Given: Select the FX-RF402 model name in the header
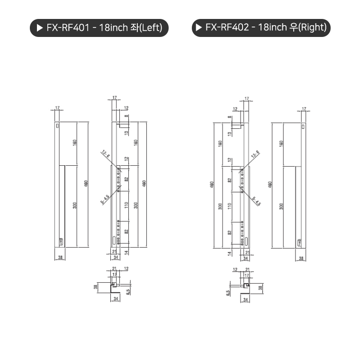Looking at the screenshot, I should pyautogui.click(x=227, y=27).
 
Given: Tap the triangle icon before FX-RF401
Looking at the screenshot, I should pyautogui.click(x=39, y=27).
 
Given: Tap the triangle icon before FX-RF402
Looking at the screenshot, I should pyautogui.click(x=198, y=27).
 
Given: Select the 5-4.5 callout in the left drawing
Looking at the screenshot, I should pyautogui.click(x=105, y=199).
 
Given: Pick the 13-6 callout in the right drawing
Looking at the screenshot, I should pyautogui.click(x=255, y=154).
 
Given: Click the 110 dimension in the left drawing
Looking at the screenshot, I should pyautogui.click(x=126, y=205).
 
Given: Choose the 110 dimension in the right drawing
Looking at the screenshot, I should pyautogui.click(x=229, y=205).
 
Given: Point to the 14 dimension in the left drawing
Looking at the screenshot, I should pyautogui.click(x=126, y=252).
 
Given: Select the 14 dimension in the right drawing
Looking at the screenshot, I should pyautogui.click(x=229, y=253).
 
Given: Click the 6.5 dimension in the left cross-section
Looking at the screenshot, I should pyautogui.click(x=127, y=291).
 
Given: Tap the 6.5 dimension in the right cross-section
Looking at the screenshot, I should pyautogui.click(x=228, y=292).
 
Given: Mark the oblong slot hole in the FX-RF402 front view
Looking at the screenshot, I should pyautogui.click(x=242, y=240).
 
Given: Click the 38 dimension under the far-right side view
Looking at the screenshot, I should pyautogui.click(x=302, y=258).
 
